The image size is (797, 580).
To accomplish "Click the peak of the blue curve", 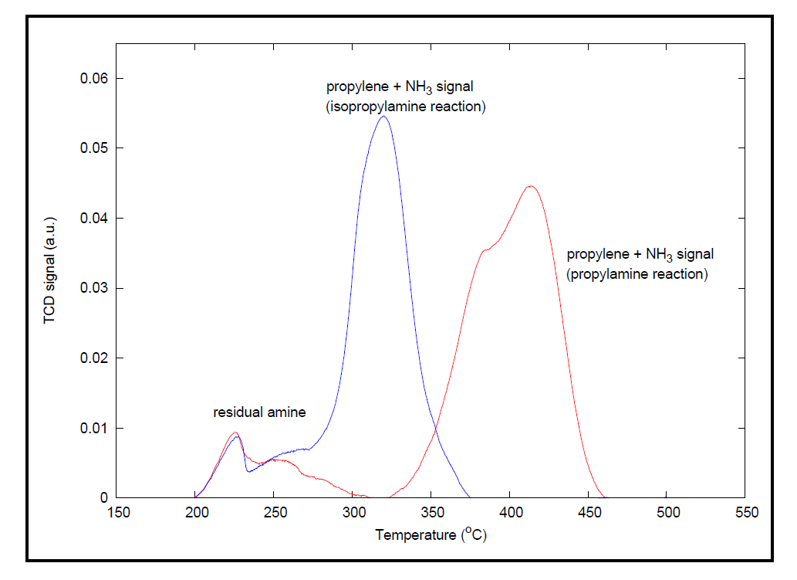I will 383,117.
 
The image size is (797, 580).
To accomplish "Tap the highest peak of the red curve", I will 530,186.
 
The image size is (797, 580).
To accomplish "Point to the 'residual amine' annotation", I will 259,412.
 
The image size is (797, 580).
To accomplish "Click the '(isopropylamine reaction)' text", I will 405,107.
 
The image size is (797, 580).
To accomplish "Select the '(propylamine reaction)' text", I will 637,273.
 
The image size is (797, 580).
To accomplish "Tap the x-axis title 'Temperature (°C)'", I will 431,534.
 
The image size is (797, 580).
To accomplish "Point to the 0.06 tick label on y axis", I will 94,78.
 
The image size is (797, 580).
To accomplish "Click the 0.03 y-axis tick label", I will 94,288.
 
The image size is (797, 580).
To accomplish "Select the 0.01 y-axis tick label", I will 94,428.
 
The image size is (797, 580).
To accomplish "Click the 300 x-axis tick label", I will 353,513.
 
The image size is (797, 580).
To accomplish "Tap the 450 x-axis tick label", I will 589,513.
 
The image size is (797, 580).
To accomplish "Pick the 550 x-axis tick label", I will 746,513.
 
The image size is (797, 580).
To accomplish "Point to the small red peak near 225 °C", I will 235,432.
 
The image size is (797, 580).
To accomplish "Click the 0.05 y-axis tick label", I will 94,148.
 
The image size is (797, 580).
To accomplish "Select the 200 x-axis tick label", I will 196,513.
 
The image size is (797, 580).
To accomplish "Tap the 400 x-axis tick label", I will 510,513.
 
